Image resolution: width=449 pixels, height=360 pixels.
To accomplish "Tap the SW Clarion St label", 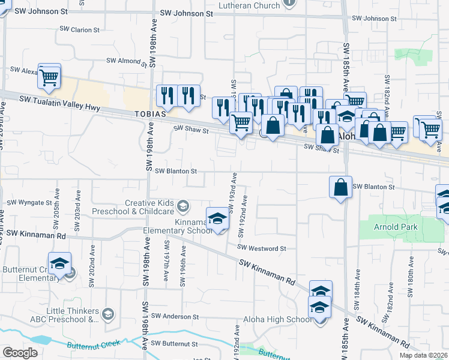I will tap(79, 29).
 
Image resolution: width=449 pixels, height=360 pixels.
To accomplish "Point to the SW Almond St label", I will tap(127, 61).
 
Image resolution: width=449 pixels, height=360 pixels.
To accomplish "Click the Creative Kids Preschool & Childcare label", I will tap(149, 208).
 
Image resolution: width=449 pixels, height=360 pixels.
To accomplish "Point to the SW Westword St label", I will tap(262, 247).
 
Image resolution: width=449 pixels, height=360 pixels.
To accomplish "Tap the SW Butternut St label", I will tap(174, 343).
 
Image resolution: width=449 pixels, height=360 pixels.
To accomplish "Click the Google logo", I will tap(20, 353).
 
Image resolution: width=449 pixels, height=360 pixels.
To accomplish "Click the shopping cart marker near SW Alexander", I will tap(49, 76).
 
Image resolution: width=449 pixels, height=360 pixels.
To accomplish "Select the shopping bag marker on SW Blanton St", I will tap(340, 187).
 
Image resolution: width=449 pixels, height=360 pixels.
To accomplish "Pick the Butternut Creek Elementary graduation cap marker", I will tap(60, 265).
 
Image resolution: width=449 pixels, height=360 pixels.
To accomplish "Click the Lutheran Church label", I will tap(250, 5).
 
